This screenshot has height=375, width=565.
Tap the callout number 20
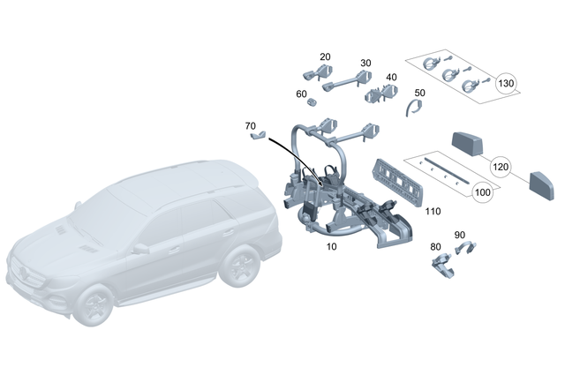click(325, 56)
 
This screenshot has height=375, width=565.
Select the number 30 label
click(365, 64)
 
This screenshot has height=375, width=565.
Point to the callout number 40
click(391, 77)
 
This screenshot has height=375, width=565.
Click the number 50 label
click(419, 92)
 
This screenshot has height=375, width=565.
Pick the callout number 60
click(301, 94)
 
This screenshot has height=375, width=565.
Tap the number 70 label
click(251, 126)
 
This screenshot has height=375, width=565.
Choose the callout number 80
click(434, 247)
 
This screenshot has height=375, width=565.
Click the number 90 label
click(459, 235)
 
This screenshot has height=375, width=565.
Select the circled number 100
click(483, 191)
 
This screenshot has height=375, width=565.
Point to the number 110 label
click(433, 212)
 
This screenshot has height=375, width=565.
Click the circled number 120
click(501, 166)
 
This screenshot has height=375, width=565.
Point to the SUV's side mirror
click(140, 249)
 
